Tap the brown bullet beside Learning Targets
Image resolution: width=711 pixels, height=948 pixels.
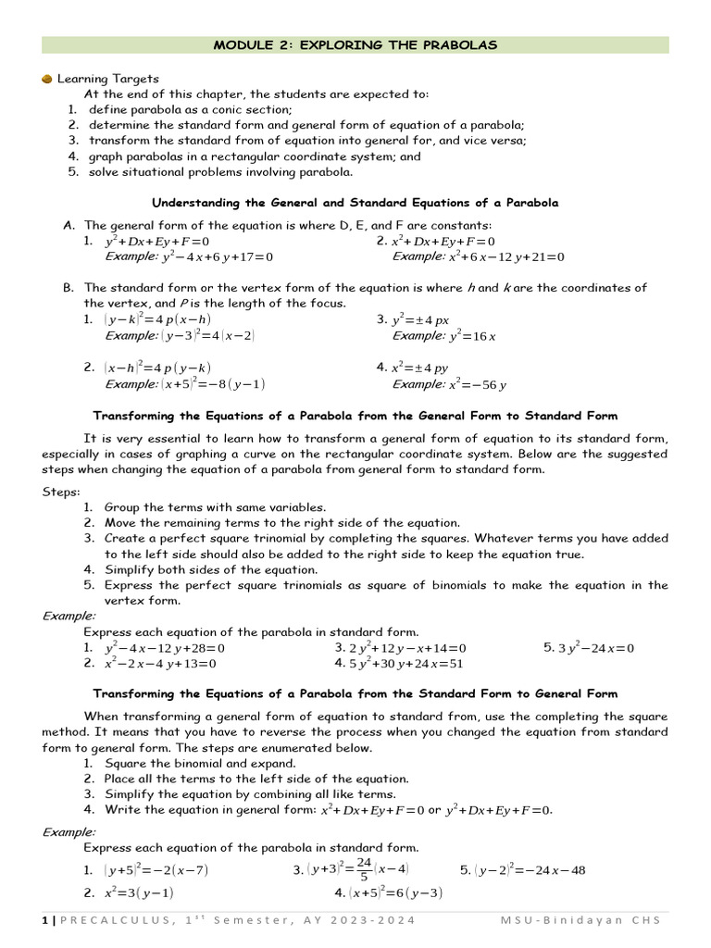pos(47,79)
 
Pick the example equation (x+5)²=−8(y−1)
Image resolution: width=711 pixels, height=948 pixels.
pos(214,384)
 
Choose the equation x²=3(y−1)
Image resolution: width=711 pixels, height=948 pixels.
pos(139,893)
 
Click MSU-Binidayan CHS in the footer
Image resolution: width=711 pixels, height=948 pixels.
pos(583,920)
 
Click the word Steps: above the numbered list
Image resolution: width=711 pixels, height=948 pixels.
pos(61,492)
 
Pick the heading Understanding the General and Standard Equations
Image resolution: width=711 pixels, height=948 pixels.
pos(355,202)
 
